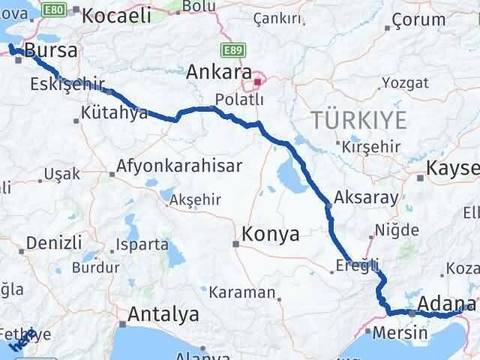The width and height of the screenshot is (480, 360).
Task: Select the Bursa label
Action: pos(51,51)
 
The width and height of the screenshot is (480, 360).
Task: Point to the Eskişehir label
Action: pos(67,84)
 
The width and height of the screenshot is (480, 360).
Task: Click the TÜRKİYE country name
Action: pos(360,119)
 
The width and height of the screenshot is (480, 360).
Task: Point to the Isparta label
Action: pos(142,244)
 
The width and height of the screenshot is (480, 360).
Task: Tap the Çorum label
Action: pos(414,22)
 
